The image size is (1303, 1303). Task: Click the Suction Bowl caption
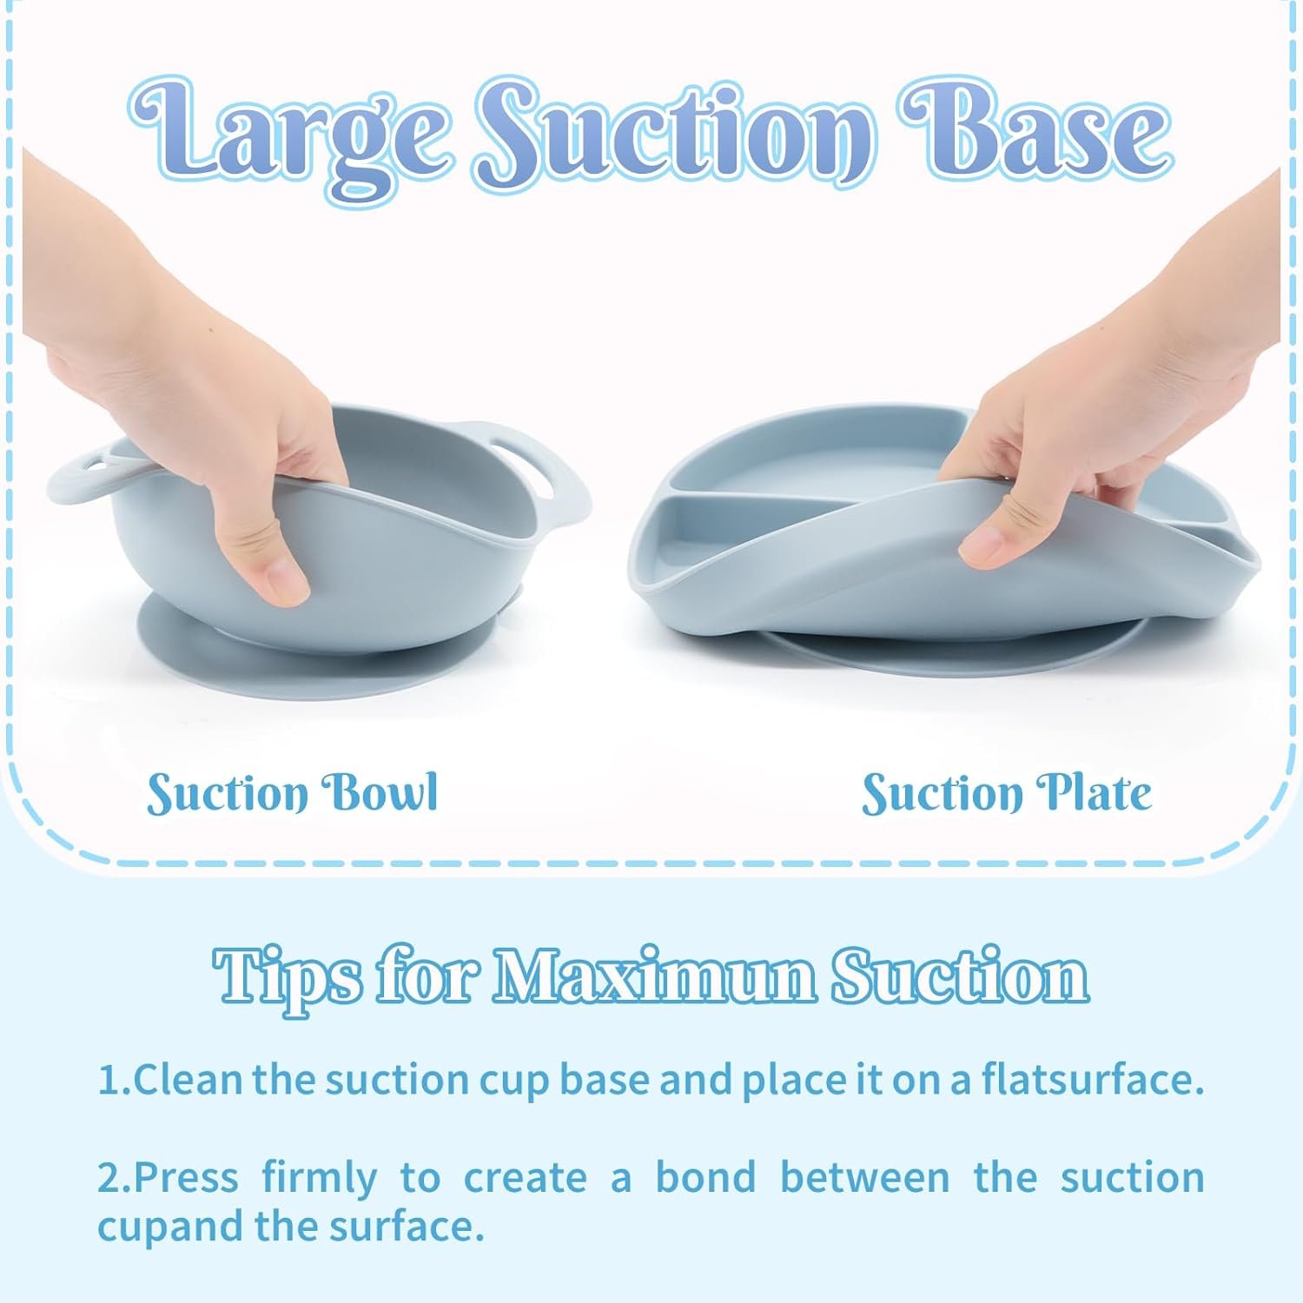[x=293, y=792]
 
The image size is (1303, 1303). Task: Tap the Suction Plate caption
[x=1007, y=792]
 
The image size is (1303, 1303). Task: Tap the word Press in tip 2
[x=186, y=1177]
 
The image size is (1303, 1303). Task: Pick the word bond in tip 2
[x=705, y=1177]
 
